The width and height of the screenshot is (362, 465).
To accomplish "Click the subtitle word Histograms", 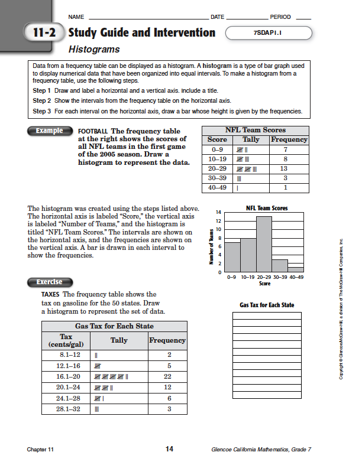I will click(x=94, y=50).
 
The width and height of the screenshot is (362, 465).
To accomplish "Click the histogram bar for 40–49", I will click(x=295, y=269).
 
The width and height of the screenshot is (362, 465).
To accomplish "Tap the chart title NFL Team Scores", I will click(x=266, y=208).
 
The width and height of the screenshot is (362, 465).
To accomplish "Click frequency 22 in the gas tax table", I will click(x=169, y=376).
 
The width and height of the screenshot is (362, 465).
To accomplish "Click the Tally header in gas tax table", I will click(x=119, y=340).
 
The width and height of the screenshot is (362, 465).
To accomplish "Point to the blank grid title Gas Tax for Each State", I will click(x=267, y=305).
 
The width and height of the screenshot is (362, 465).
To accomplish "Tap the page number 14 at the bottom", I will click(x=169, y=450).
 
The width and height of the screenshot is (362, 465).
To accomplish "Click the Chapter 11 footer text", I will click(x=40, y=450).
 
